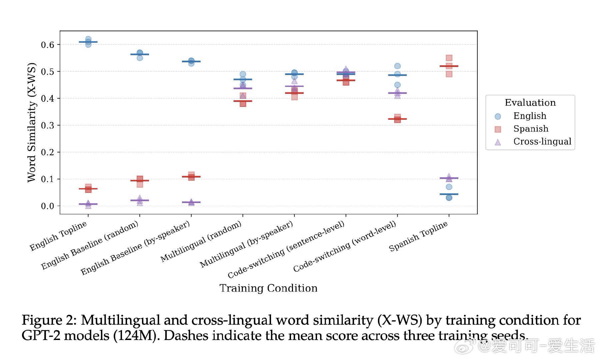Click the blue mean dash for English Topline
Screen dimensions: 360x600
[88, 42]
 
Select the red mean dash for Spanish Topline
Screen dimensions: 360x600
[449, 66]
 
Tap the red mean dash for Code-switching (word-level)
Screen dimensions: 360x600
[397, 119]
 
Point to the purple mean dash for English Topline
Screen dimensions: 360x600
[88, 204]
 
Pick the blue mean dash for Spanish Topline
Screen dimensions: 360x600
[449, 194]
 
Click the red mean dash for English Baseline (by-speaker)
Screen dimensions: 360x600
[191, 177]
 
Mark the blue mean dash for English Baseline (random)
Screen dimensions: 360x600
[140, 54]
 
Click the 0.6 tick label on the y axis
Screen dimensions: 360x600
[47, 45]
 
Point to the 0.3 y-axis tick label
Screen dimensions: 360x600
[47, 125]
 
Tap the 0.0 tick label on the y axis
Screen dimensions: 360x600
[47, 206]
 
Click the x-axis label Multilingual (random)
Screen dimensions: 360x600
[201, 241]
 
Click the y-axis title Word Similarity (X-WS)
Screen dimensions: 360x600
[31, 122]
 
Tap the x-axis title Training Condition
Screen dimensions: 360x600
[268, 288]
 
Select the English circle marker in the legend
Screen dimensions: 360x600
[498, 116]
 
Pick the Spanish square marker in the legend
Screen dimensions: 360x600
[498, 129]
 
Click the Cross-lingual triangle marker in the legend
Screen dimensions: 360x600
[498, 142]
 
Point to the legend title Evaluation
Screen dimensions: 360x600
[530, 103]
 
